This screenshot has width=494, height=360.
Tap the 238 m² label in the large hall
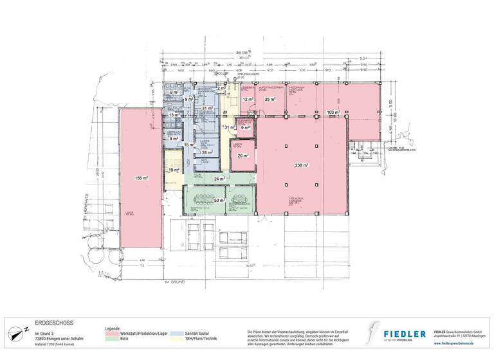point(301,165)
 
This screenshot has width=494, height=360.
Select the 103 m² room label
point(333,112)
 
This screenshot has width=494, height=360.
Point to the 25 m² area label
point(270,99)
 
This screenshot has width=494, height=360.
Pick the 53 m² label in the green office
point(218,201)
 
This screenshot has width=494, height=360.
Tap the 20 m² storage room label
point(242,156)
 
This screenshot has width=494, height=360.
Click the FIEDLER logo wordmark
point(405,333)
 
